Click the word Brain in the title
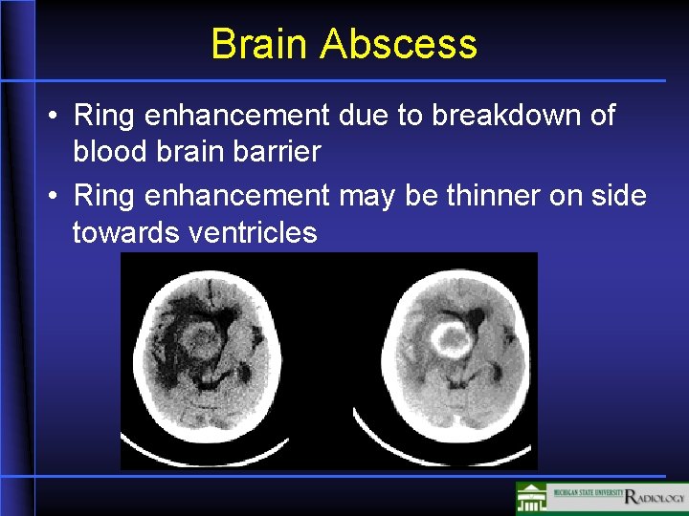point(260,44)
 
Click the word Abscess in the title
point(399,44)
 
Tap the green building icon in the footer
point(531,498)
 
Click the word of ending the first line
point(600,117)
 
